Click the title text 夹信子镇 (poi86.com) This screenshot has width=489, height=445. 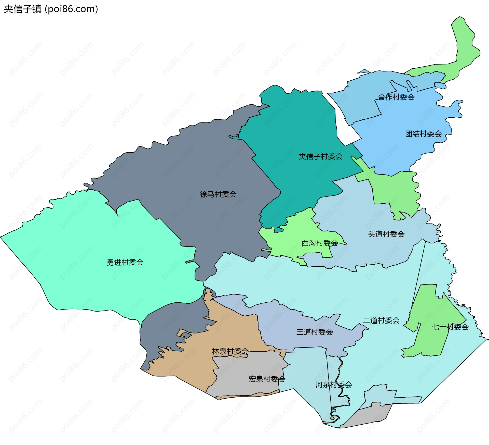coord(51,9)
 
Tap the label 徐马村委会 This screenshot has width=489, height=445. coord(218,194)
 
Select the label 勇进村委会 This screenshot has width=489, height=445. coord(125,262)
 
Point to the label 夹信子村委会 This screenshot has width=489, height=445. coord(320,157)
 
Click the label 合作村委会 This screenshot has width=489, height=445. coord(396,97)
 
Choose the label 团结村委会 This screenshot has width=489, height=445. coord(423,134)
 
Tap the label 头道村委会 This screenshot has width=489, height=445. coord(386,234)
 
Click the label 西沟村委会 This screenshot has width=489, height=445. coord(320,243)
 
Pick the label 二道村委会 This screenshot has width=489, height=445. coord(381,320)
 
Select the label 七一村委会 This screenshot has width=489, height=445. coord(450,327)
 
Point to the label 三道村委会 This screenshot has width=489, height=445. coord(315,332)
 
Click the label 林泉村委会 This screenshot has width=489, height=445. coord(230,351)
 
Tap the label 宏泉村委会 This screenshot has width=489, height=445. coord(267,379)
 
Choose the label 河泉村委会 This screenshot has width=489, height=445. coord(334,385)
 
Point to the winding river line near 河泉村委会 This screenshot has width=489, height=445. coord(339,378)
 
